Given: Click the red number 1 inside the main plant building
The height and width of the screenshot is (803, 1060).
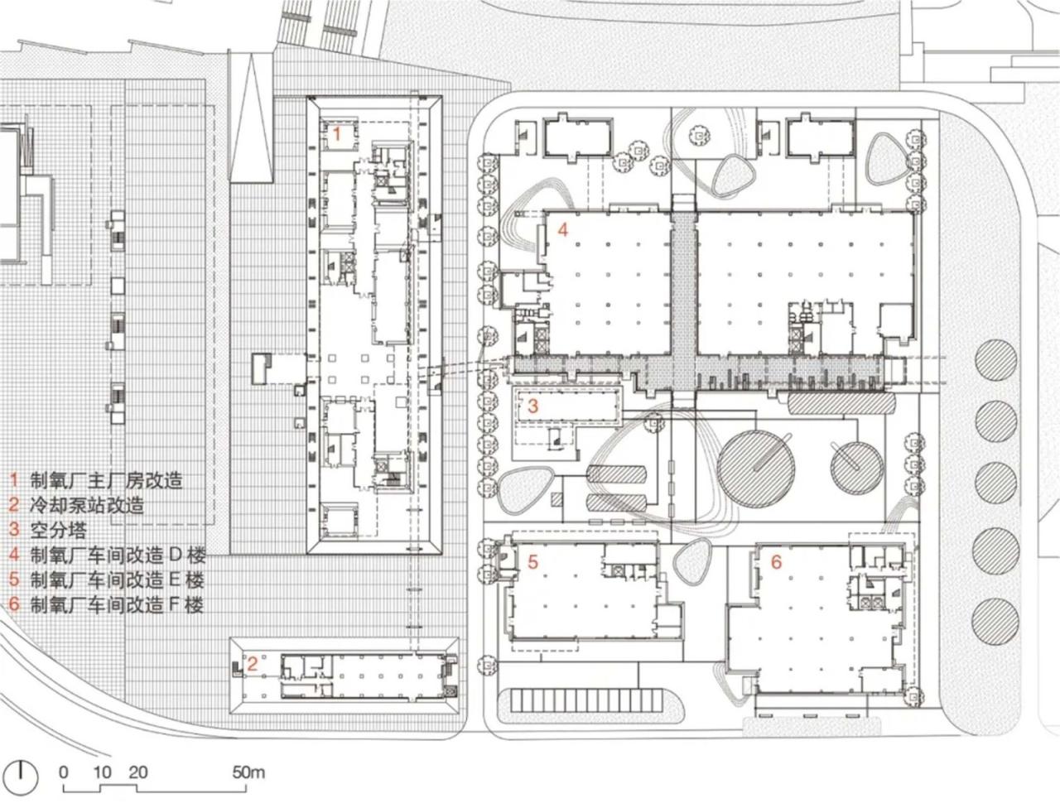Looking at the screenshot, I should click(337, 132).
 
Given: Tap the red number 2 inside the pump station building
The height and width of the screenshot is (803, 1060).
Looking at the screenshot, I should click(253, 662).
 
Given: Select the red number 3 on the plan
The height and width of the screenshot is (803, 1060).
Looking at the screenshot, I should click(533, 406).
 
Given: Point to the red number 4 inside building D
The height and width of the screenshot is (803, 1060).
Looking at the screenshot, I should click(562, 229).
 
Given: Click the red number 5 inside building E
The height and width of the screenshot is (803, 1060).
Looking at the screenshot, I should click(533, 561).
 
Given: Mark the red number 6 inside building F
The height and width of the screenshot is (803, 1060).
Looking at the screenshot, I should click(776, 562).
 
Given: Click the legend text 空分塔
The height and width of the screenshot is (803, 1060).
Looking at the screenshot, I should click(58, 530).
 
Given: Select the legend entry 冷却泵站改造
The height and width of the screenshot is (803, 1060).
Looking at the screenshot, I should click(87, 505).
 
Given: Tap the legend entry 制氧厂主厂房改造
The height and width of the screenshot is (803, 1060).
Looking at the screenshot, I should click(106, 480).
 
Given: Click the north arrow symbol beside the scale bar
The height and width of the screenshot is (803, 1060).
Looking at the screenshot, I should click(26, 775).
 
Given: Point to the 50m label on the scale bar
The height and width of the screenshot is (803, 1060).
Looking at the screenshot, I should click(248, 772).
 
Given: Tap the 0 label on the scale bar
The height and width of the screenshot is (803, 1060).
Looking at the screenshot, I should click(64, 772).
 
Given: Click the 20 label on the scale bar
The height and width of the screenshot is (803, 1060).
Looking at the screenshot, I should click(138, 772).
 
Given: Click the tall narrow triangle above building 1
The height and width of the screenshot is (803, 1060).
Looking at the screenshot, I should click(251, 124).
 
